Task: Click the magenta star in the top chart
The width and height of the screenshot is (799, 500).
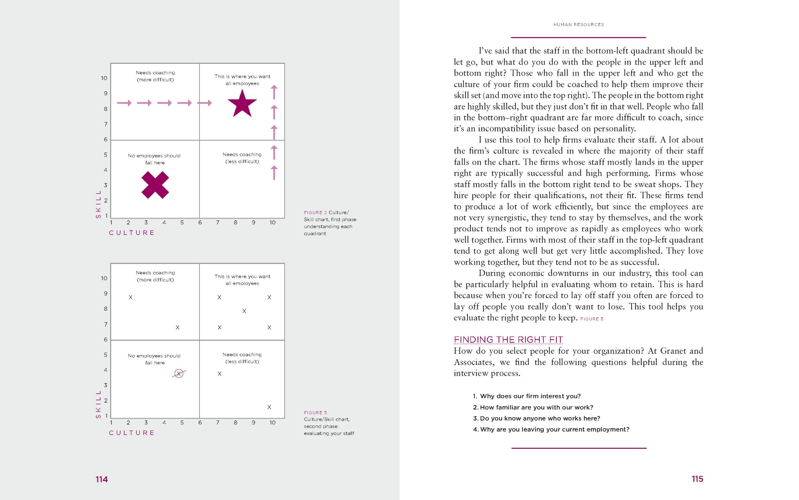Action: tap(242, 104)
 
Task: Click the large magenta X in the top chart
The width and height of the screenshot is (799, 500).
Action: tap(155, 185)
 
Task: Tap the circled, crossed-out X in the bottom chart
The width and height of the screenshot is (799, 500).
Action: tap(179, 373)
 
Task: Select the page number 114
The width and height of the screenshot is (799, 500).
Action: tap(102, 479)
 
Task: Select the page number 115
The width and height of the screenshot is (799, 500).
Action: tap(697, 479)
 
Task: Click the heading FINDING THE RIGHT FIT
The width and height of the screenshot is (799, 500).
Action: tap(508, 340)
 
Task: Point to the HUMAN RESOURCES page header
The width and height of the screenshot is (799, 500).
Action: tap(578, 24)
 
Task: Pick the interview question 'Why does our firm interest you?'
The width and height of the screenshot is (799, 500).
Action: tap(530, 396)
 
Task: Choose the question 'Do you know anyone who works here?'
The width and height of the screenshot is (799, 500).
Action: tap(540, 418)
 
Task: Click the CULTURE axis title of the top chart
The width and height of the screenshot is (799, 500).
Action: tap(132, 233)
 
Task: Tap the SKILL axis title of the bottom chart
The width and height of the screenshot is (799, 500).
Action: tap(98, 404)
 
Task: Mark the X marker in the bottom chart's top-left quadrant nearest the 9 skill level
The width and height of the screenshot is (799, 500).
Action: tap(130, 297)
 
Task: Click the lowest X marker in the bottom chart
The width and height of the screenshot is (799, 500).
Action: tap(269, 407)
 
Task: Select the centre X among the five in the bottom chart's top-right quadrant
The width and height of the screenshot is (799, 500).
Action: tap(244, 311)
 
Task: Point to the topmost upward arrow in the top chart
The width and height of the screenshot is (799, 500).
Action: tap(274, 92)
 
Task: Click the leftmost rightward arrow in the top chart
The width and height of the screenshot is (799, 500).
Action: tap(125, 103)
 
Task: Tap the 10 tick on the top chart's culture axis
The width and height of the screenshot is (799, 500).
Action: tap(272, 222)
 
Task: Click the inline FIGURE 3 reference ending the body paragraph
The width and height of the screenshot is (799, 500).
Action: tap(592, 319)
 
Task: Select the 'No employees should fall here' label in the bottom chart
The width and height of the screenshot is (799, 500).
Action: tap(154, 359)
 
